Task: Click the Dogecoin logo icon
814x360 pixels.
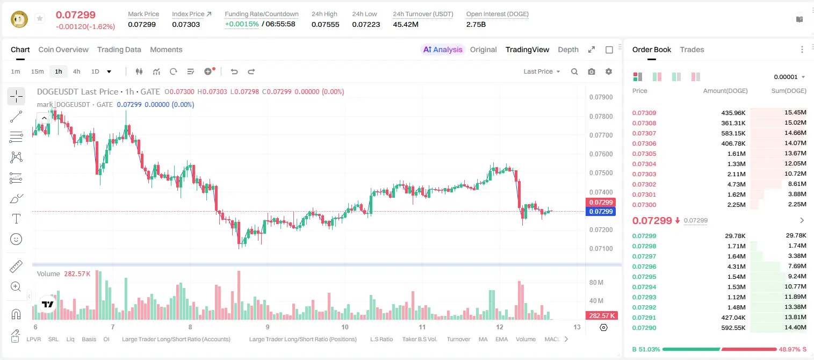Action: [x=19, y=19]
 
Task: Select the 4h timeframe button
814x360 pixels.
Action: [x=76, y=71]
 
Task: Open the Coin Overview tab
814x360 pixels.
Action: [x=63, y=49]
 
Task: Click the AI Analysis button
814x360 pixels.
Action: [x=443, y=49]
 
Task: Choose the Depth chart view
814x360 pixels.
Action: [x=568, y=49]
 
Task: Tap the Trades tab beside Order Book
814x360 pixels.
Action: [x=692, y=49]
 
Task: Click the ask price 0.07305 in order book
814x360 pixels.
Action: [x=644, y=154]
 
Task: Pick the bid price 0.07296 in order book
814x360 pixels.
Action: [x=644, y=267]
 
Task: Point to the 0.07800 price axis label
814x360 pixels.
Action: [x=601, y=116]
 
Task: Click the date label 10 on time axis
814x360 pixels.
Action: [x=344, y=327]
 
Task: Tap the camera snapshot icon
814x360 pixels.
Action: [x=592, y=71]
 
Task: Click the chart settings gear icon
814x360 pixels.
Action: [x=609, y=71]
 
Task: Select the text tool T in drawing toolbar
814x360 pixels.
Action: [x=16, y=219]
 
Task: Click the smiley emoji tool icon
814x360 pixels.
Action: [x=16, y=239]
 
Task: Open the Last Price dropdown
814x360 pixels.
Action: [x=542, y=71]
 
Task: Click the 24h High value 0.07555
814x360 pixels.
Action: [x=325, y=24]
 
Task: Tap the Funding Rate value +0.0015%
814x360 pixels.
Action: [x=242, y=24]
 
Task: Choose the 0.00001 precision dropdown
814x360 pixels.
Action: [x=789, y=77]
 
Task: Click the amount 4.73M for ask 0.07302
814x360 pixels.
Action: [x=736, y=184]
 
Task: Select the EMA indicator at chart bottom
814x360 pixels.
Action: [x=501, y=339]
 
